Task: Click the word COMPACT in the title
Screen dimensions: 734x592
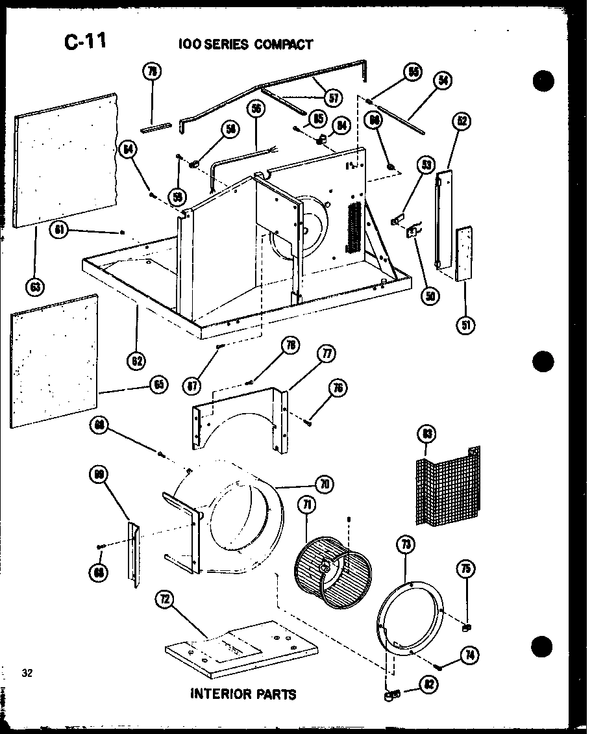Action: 283,44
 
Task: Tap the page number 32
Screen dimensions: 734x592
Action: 27,672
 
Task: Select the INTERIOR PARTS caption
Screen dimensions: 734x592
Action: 243,694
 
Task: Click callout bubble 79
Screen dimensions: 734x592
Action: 153,73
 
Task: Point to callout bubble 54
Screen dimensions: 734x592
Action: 443,81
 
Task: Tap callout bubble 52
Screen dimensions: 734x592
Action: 462,121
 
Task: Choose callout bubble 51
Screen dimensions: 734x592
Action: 465,324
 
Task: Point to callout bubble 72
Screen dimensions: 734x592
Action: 165,600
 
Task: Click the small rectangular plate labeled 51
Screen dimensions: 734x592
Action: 463,254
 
